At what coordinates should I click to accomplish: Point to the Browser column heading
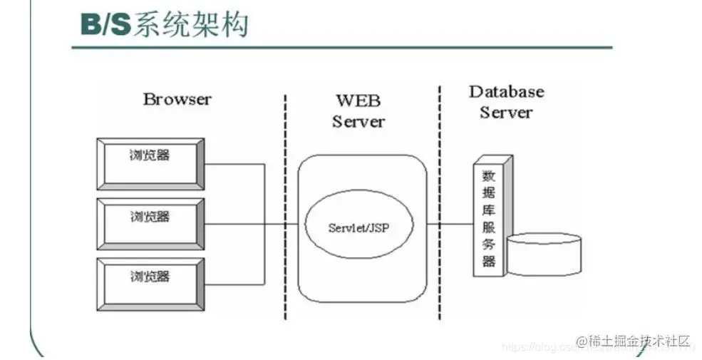click(x=177, y=99)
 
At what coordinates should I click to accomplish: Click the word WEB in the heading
click(x=358, y=100)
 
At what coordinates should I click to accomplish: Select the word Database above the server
click(x=506, y=92)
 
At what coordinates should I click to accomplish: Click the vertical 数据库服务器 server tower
click(x=489, y=217)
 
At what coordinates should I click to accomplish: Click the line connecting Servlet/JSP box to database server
click(x=450, y=224)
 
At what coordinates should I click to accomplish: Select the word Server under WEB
click(x=358, y=121)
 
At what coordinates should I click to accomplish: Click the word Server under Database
click(x=506, y=113)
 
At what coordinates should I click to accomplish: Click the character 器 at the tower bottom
click(x=488, y=261)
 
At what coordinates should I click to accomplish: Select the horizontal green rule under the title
click(x=342, y=48)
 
